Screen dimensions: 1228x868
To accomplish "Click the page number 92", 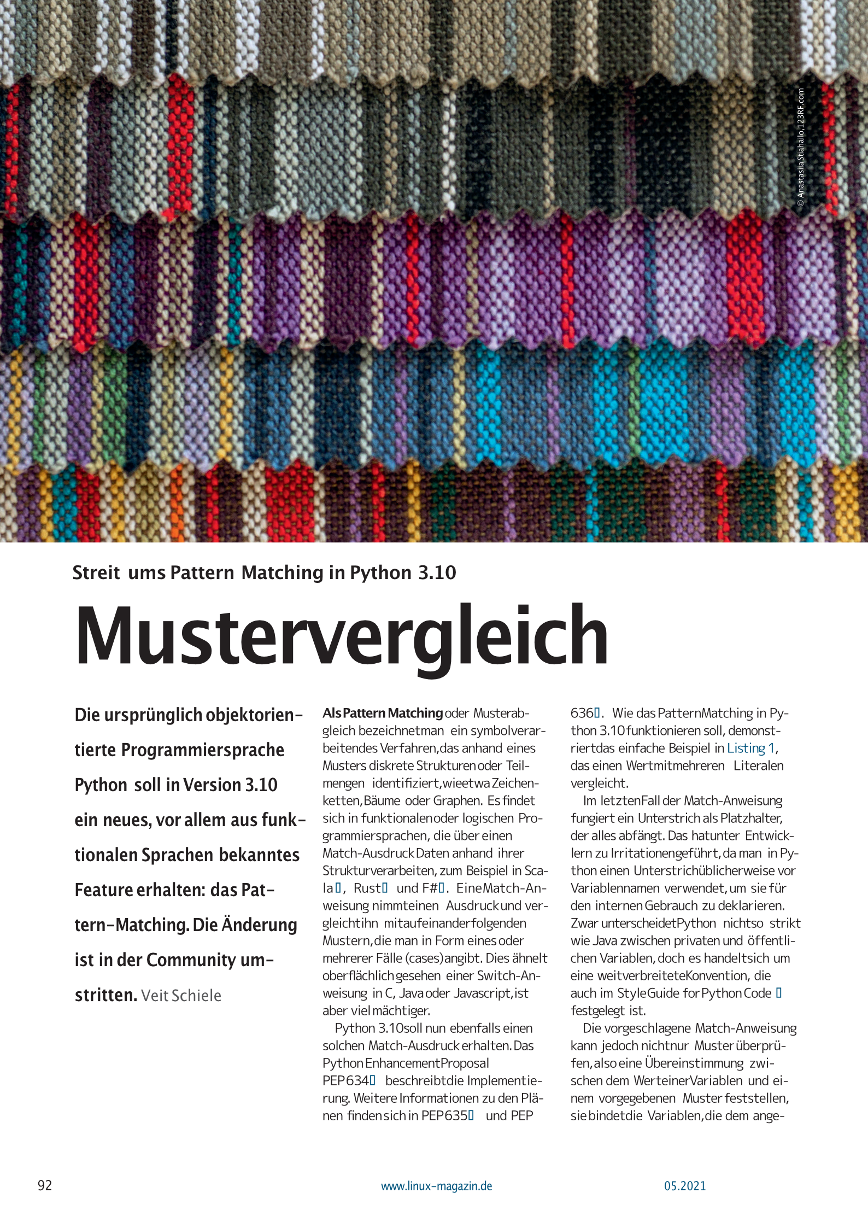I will point(45,1185).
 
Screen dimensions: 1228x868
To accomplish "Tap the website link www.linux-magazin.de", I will point(436,1186).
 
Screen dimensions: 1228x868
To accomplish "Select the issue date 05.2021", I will point(685,1186).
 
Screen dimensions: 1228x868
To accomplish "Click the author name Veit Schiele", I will point(181,996).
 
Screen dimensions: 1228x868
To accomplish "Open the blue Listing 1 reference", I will point(751,748).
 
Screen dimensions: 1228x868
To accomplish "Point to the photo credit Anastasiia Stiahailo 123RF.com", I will point(801,148).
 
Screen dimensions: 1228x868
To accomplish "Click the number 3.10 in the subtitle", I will point(437,572).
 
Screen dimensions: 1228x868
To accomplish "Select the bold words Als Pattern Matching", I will point(382,713).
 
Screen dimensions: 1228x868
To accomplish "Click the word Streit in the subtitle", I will point(96,572).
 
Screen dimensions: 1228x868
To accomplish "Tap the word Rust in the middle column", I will point(367,888).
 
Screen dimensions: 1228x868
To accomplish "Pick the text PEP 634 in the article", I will point(345,1080).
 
